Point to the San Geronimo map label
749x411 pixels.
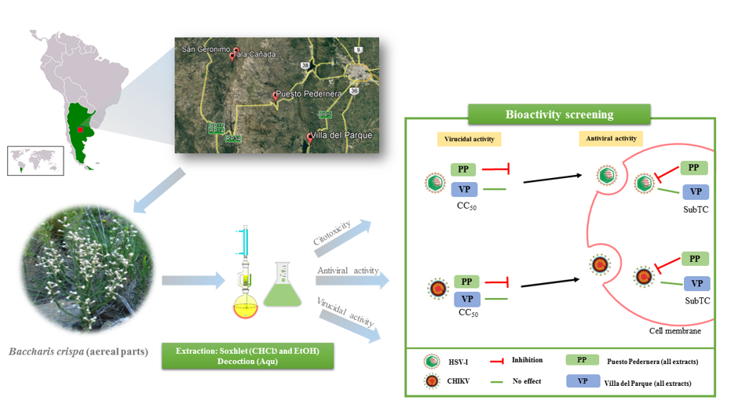click(x=206, y=49)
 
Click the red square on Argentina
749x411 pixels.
click(x=80, y=130)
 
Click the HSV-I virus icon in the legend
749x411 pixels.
click(x=430, y=361)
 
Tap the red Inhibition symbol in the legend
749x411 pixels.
click(x=496, y=361)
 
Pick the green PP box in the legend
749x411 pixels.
click(x=579, y=360)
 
